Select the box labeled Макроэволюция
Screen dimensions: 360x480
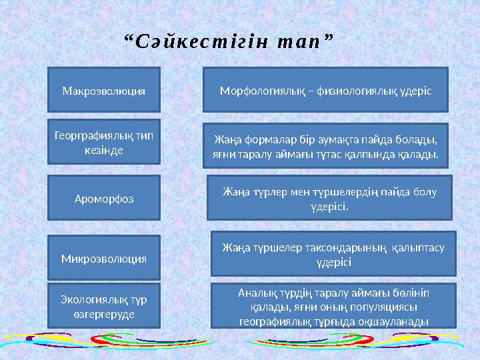104,89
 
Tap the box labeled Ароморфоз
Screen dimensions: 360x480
104,198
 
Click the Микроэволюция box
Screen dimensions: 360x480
104,257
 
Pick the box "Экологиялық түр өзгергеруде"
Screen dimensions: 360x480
104,306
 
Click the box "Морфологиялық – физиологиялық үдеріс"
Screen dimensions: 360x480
325,89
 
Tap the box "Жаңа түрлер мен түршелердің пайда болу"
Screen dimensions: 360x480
329,198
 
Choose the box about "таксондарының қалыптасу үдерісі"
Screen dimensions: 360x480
333,253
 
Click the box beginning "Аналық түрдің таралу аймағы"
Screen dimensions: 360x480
333,306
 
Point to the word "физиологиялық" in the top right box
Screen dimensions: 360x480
359,89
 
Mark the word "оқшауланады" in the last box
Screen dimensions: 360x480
399,320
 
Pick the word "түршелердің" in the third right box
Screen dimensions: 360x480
323,192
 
